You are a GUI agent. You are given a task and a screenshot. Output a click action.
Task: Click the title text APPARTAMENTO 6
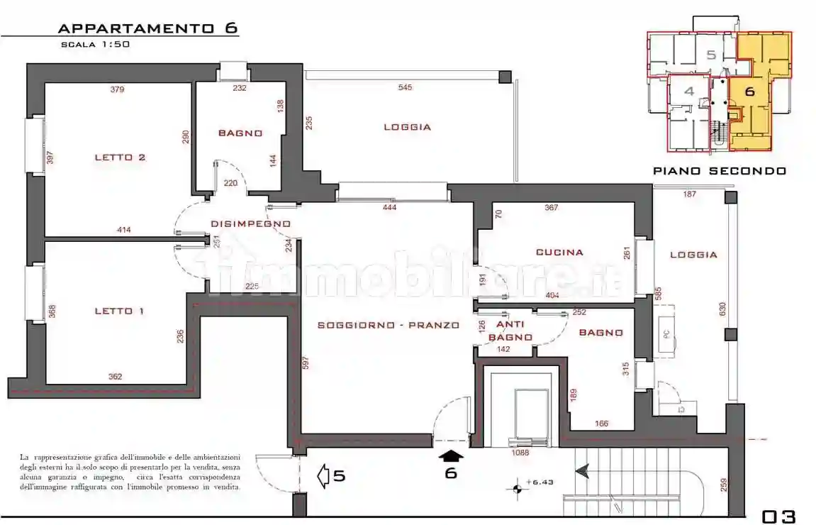tap(147, 28)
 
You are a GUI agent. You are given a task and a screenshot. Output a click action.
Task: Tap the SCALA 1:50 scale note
tap(95, 44)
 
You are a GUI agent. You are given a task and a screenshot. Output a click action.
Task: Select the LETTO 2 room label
tap(120, 157)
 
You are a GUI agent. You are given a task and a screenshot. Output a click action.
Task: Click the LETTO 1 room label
tap(119, 311)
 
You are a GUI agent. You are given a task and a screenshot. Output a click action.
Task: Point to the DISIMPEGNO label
tap(250, 224)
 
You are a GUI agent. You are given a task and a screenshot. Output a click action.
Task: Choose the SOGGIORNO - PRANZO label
tap(388, 326)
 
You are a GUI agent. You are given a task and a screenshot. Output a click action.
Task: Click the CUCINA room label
tap(559, 252)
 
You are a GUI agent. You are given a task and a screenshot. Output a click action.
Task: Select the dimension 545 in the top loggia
tap(405, 87)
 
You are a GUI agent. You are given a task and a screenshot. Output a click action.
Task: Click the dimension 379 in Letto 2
tap(118, 89)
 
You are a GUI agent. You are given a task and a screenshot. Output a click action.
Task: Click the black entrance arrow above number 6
tap(451, 456)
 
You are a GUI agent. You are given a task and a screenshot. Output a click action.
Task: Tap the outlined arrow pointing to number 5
tap(323, 475)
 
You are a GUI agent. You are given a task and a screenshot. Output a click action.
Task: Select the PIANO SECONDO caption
tap(719, 171)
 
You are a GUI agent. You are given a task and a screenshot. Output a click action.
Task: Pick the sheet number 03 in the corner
tap(779, 516)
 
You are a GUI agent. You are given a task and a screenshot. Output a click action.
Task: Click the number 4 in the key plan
tap(688, 91)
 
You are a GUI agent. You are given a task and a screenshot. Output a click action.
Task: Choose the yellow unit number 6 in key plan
tap(749, 91)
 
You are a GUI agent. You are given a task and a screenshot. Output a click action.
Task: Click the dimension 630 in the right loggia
tap(722, 309)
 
